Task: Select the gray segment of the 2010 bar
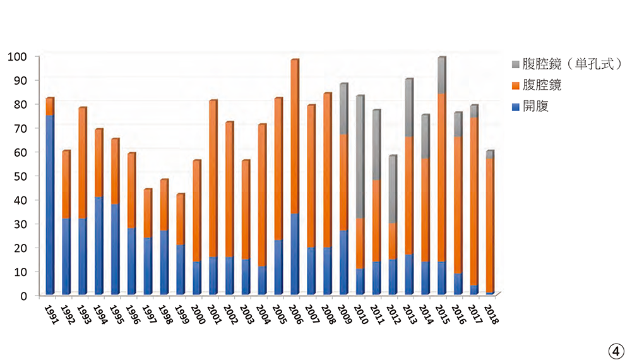point(359,157)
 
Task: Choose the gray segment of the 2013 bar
point(408,108)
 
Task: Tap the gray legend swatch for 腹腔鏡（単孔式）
point(516,64)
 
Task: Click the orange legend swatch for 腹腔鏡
point(516,85)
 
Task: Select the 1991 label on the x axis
point(51,314)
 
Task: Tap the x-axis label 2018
point(492,314)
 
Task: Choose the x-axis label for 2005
point(280,314)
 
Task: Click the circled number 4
point(614,349)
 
